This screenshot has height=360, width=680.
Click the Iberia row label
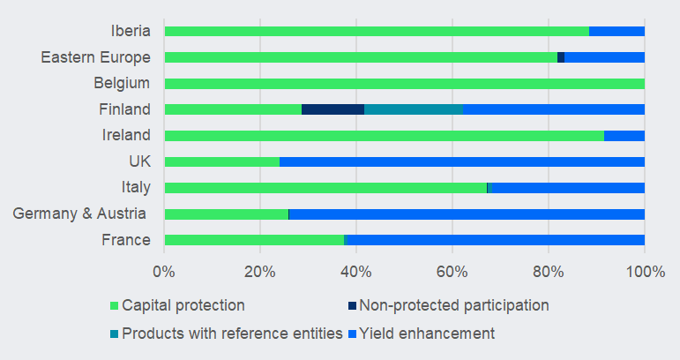(131, 31)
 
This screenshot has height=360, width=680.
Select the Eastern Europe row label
(95, 57)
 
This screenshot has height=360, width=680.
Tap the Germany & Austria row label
(81, 214)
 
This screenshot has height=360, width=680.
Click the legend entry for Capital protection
(183, 305)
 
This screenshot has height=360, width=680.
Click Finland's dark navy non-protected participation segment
(333, 109)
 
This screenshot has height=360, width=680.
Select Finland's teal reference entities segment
(414, 109)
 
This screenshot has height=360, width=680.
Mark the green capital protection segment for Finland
(233, 109)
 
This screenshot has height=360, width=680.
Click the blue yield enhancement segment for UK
(461, 161)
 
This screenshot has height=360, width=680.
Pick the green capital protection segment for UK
(221, 161)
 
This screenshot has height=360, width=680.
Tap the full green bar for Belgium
(404, 84)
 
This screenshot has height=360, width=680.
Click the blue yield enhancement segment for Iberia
(616, 31)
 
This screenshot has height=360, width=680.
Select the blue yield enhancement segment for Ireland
(624, 136)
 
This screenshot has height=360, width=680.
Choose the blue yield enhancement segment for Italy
(566, 188)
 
